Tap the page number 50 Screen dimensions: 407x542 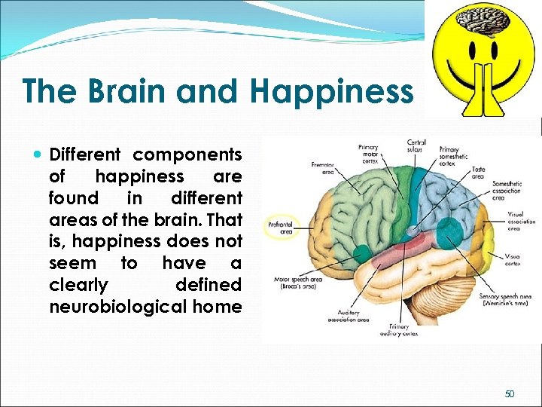tap(510, 393)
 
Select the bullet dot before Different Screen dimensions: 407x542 tap(39, 155)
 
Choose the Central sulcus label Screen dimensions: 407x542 tap(416, 146)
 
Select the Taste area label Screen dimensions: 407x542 tap(478, 173)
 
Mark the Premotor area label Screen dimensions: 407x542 tap(322, 168)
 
